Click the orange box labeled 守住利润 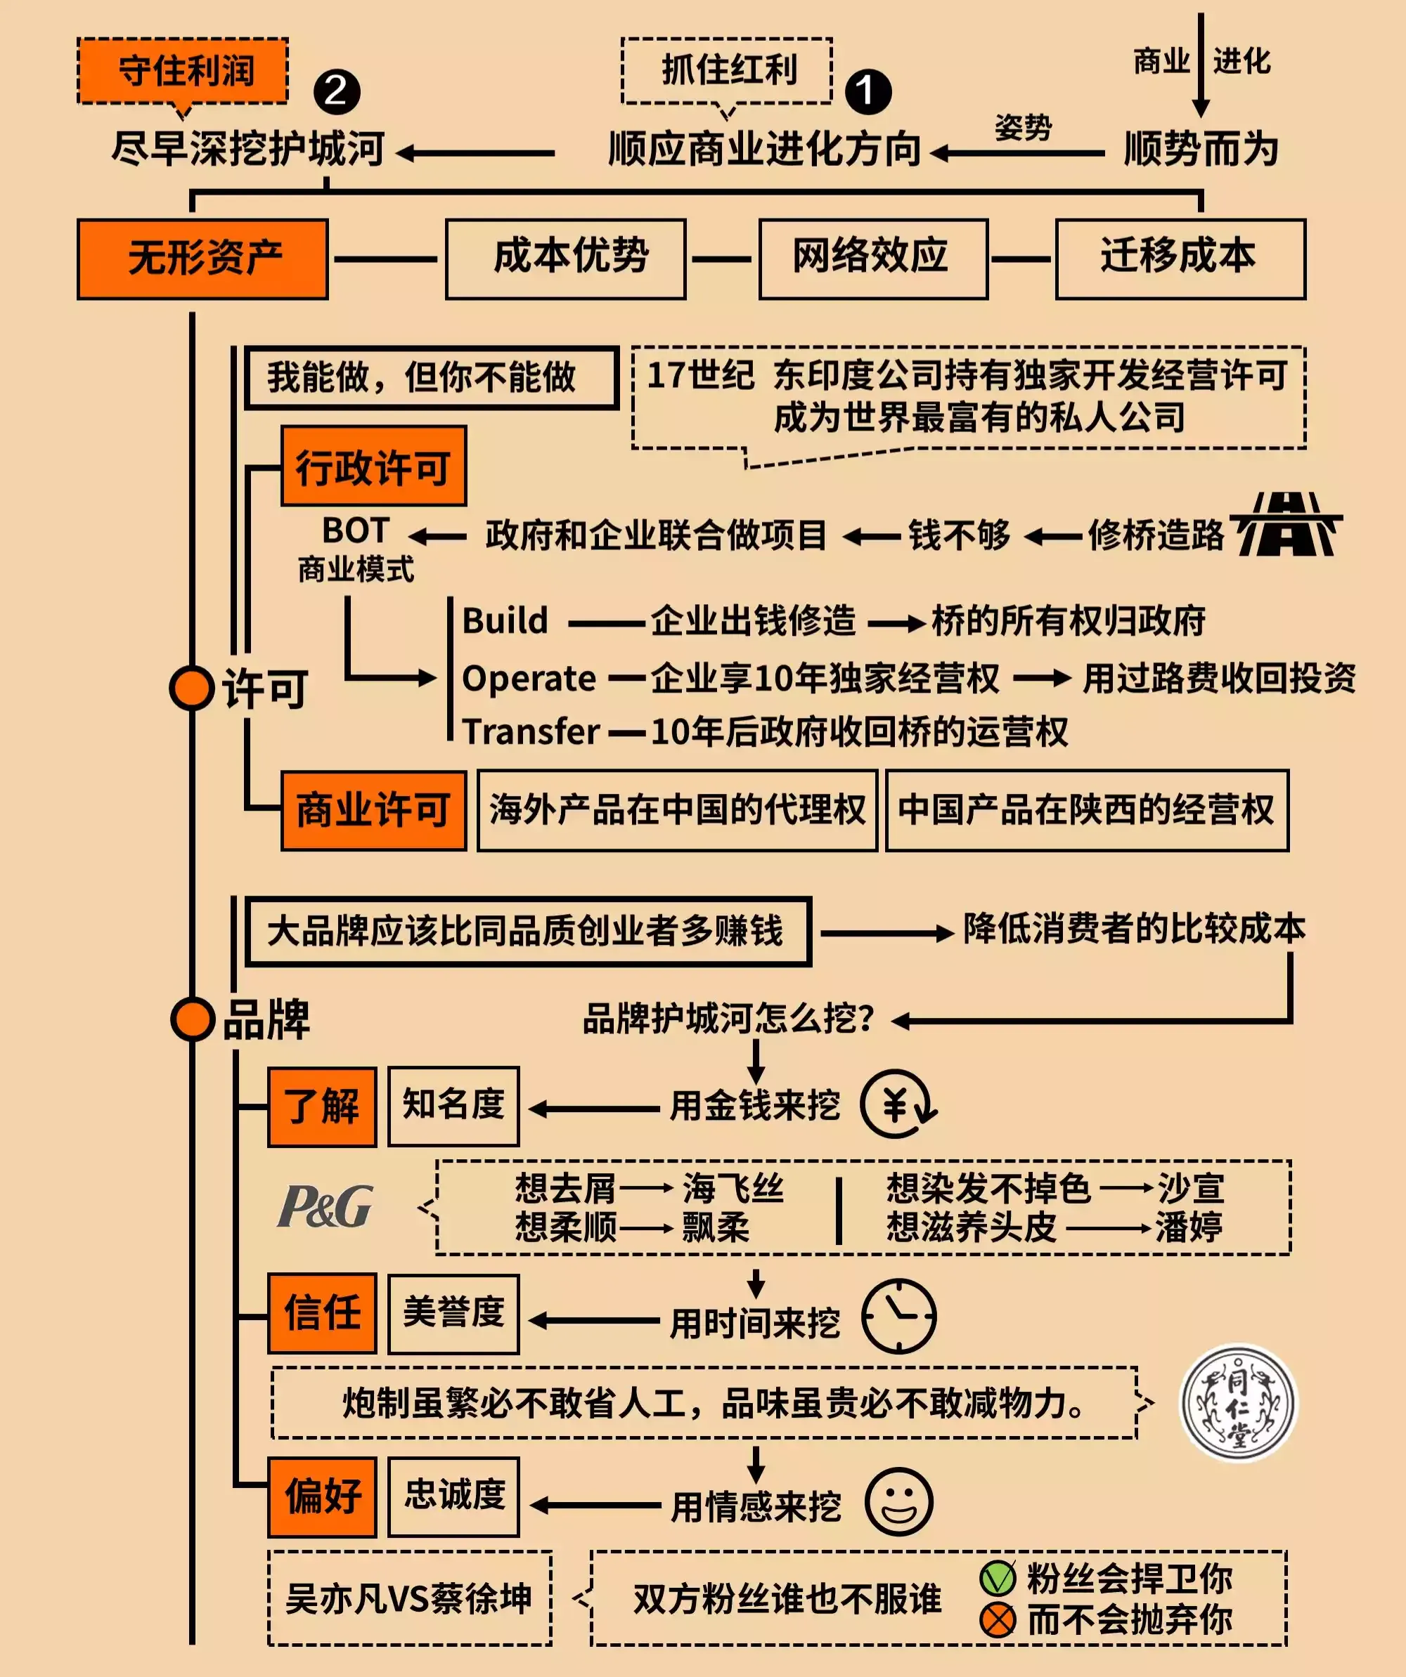(183, 70)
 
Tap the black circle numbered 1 (868, 91)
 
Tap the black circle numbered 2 (336, 91)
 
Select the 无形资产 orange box (203, 259)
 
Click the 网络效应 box (872, 259)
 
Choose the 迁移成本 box (1180, 259)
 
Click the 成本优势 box (566, 259)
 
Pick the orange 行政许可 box (374, 466)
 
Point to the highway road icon (1286, 524)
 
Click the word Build (505, 621)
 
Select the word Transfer (531, 731)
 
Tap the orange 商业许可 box (374, 811)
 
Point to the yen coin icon (898, 1104)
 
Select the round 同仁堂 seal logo (1239, 1403)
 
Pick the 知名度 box (453, 1106)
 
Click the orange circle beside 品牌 (193, 1020)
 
